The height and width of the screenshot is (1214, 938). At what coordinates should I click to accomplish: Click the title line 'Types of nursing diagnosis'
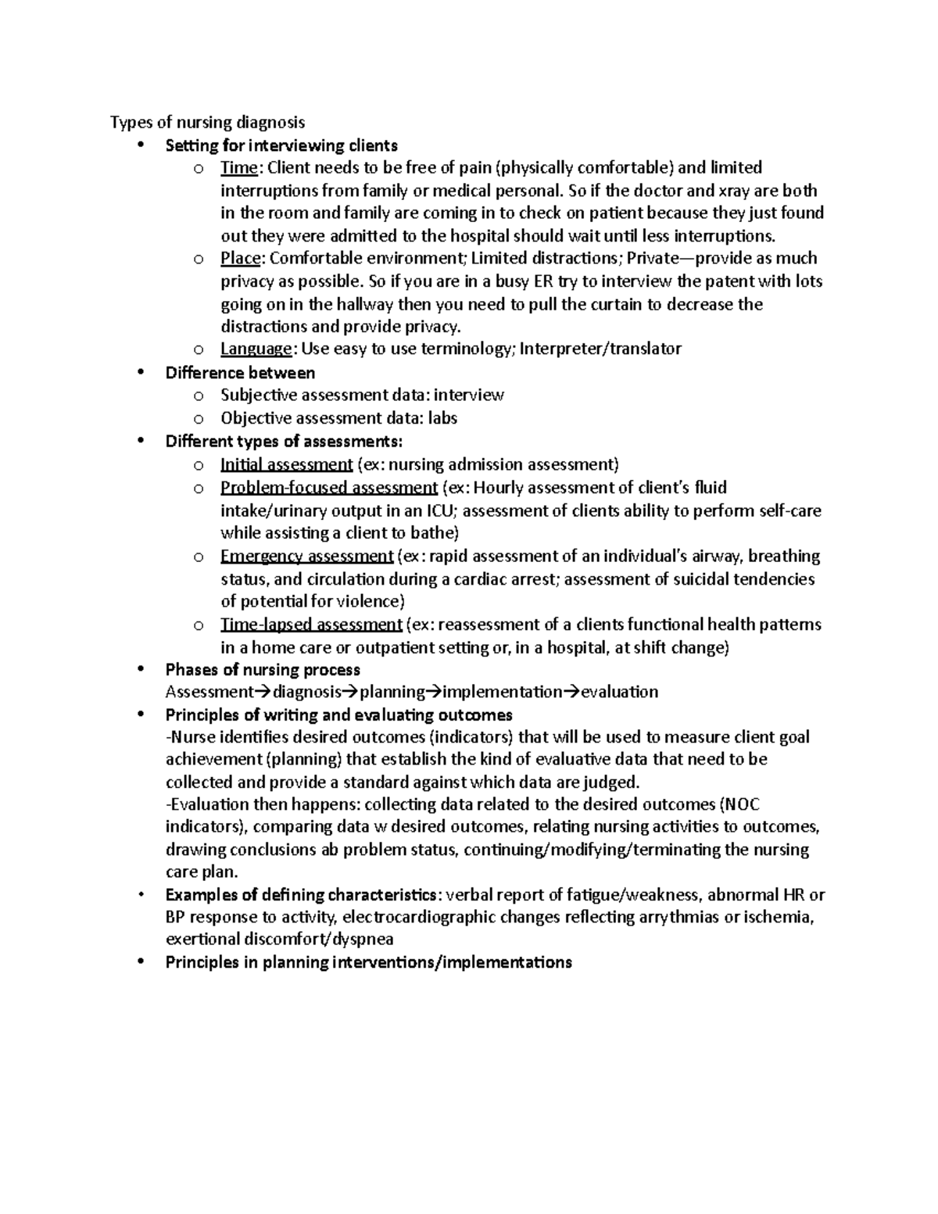coord(207,122)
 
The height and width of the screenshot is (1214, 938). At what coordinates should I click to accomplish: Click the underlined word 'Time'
coord(238,167)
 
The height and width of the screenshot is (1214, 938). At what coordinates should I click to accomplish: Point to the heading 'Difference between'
coord(240,372)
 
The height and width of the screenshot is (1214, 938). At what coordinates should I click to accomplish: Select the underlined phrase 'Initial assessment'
coord(286,464)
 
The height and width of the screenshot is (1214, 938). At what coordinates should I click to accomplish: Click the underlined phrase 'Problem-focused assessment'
coord(328,488)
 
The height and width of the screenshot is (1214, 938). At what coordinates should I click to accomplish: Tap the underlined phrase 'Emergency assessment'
coord(306,556)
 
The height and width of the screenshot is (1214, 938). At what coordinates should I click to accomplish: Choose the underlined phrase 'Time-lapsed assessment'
coord(311,624)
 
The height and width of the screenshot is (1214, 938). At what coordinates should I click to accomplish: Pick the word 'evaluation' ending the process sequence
coord(619,692)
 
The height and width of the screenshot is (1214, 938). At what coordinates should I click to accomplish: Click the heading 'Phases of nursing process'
coord(263,669)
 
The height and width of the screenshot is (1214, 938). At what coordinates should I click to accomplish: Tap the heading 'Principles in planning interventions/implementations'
coord(368,962)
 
